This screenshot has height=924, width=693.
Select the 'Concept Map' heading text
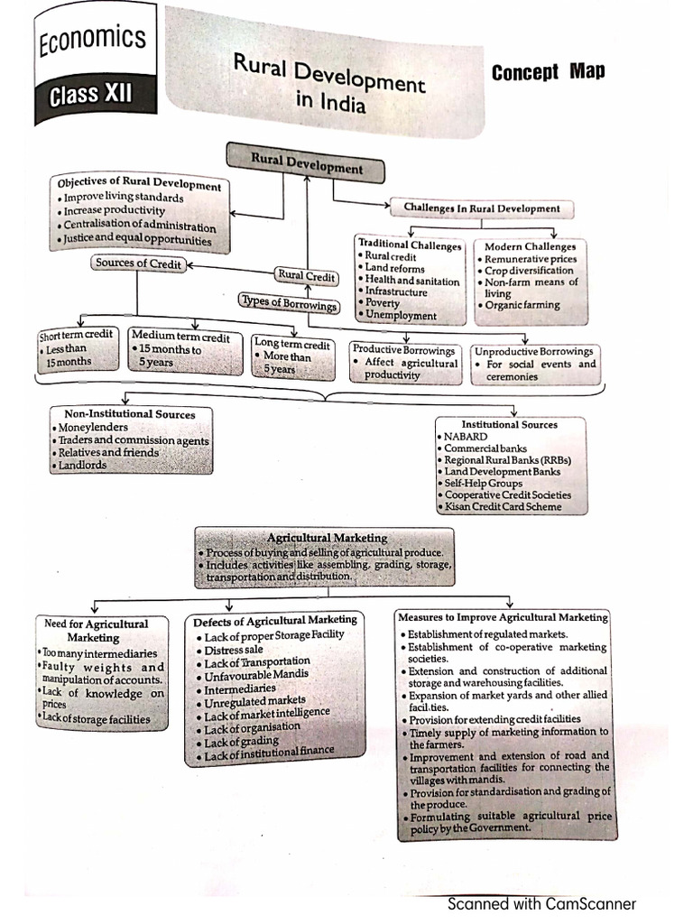coord(548,72)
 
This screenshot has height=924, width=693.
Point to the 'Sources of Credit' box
coord(138,264)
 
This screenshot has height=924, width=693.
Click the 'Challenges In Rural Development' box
coord(482,208)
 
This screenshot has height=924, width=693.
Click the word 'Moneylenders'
coord(93,428)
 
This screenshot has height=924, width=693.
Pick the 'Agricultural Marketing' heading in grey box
coord(328,538)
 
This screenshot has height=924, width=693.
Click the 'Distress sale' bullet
coord(234,650)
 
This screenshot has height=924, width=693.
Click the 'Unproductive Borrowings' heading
coord(534,351)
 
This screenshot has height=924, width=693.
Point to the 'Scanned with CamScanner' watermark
coord(541,903)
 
